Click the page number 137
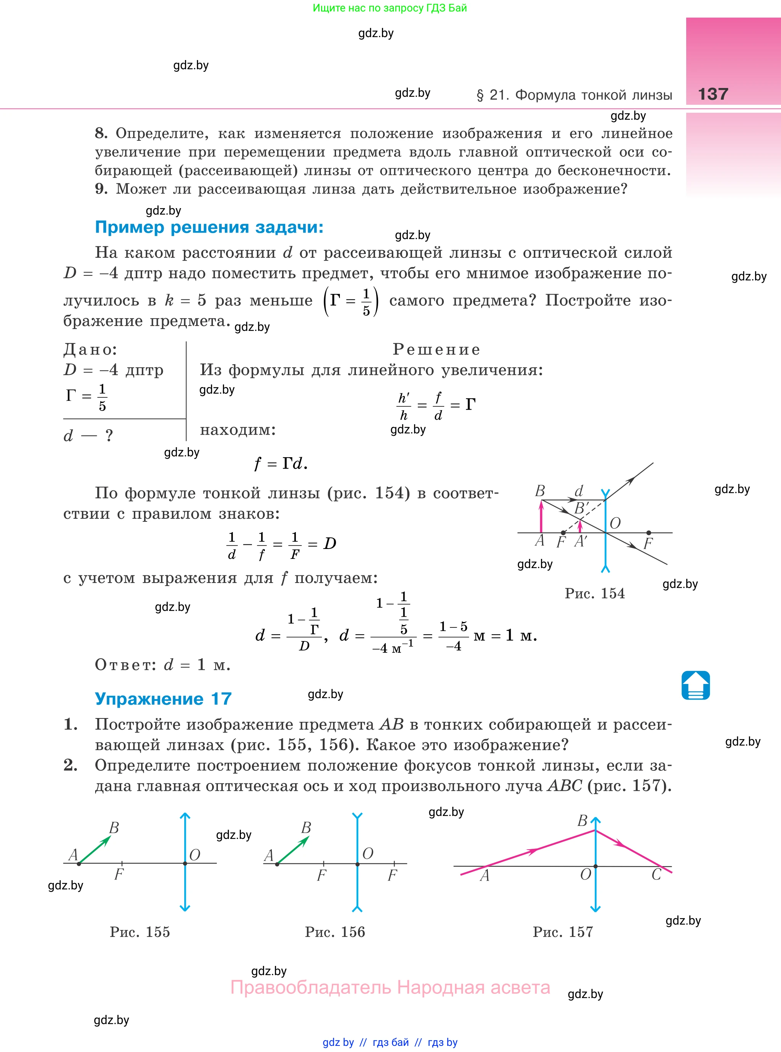pyautogui.click(x=713, y=94)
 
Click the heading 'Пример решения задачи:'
pyautogui.click(x=209, y=228)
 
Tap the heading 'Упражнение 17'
pyautogui.click(x=163, y=699)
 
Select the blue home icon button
pyautogui.click(x=695, y=685)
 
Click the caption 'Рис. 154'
pyautogui.click(x=594, y=593)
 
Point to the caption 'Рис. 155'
pyautogui.click(x=140, y=932)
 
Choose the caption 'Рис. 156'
pyautogui.click(x=335, y=932)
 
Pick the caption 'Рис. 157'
pyautogui.click(x=563, y=932)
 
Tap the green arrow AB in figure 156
pyautogui.click(x=293, y=850)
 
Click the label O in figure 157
pyautogui.click(x=585, y=874)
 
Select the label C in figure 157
pyautogui.click(x=656, y=874)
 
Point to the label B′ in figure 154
pyautogui.click(x=581, y=508)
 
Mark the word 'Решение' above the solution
pyautogui.click(x=436, y=350)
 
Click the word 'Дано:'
pyautogui.click(x=90, y=350)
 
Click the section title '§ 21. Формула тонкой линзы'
pyautogui.click(x=574, y=95)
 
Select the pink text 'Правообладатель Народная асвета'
pyautogui.click(x=390, y=988)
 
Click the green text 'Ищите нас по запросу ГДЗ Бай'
pyautogui.click(x=390, y=8)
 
